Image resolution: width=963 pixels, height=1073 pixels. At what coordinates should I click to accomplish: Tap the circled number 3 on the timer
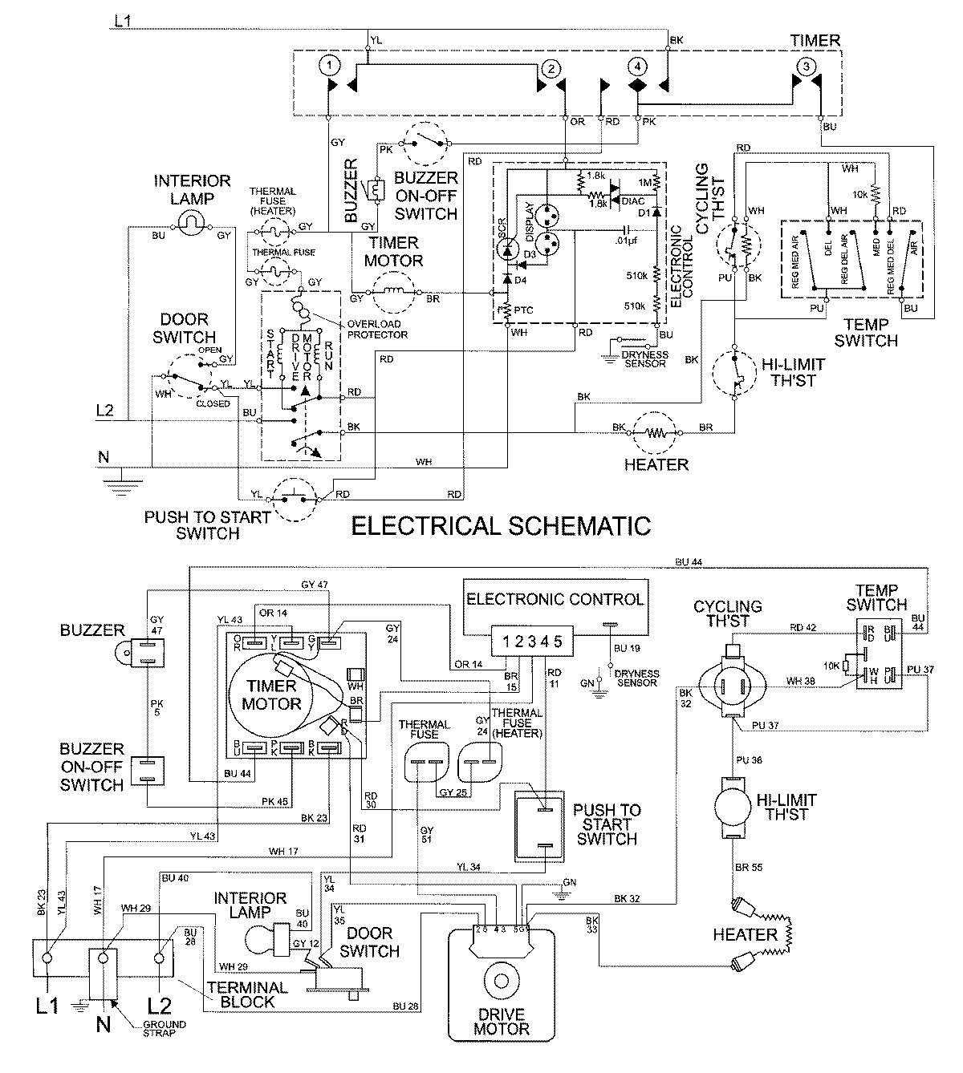point(807,67)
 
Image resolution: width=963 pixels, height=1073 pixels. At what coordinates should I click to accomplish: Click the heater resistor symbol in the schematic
point(656,433)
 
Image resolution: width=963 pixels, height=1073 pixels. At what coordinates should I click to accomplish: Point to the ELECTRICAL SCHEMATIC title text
point(502,526)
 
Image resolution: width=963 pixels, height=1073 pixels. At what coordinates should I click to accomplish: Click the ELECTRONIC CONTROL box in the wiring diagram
point(555,598)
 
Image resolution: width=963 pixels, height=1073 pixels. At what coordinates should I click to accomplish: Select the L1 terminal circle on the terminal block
point(48,958)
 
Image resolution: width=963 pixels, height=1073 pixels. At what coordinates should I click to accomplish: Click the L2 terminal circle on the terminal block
point(160,958)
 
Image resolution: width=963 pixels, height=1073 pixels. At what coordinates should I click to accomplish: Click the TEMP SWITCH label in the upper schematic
point(865,332)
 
